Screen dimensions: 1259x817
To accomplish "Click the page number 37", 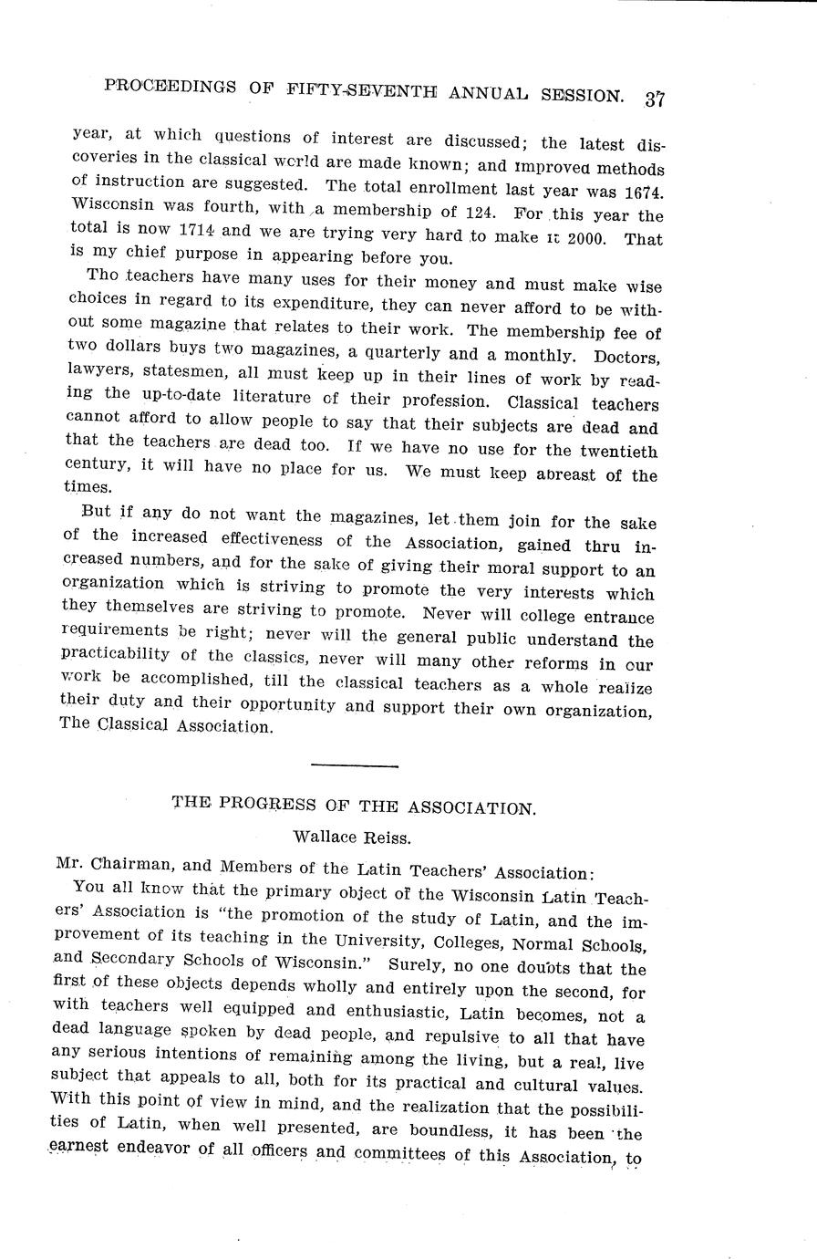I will pyautogui.click(x=653, y=99).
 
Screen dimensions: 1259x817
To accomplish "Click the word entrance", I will pyautogui.click(x=614, y=618).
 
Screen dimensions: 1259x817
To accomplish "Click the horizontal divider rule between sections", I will pyautogui.click(x=354, y=765).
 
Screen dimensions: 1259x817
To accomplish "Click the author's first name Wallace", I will pyautogui.click(x=326, y=835).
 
